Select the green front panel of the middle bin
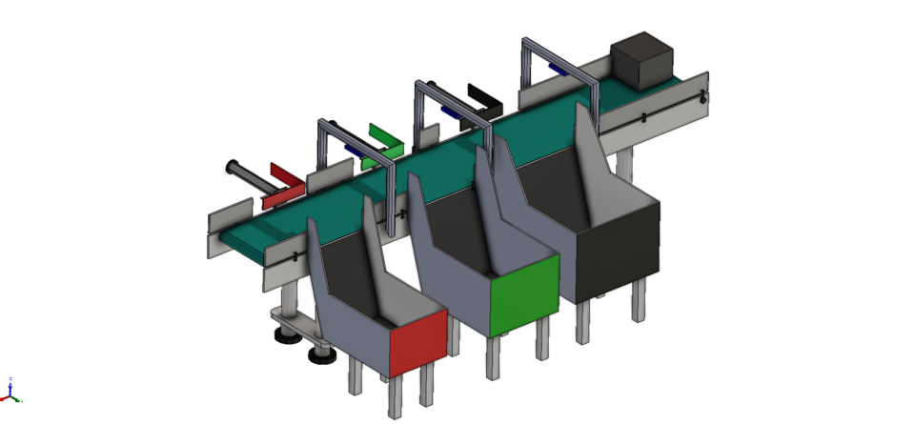523,294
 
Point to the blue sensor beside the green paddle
352,150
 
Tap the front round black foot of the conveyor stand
322,356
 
